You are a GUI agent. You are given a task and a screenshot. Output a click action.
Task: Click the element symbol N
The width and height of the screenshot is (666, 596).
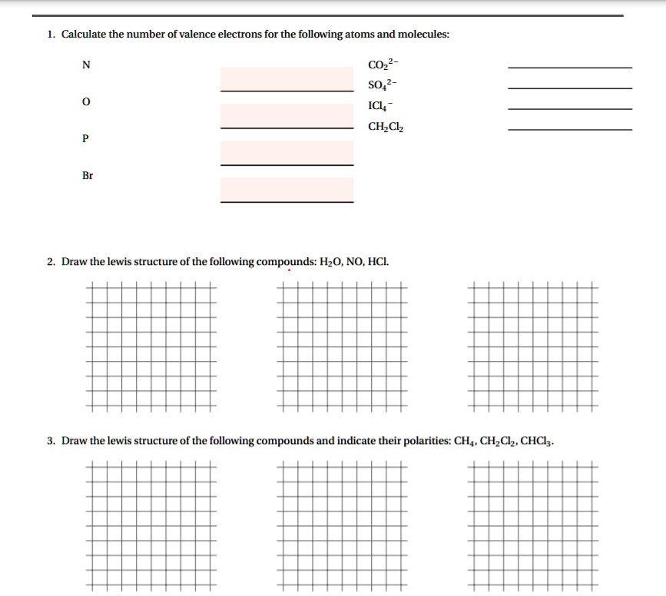pyautogui.click(x=86, y=65)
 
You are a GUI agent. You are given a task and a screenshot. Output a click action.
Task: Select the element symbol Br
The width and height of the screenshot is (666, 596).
pyautogui.click(x=88, y=176)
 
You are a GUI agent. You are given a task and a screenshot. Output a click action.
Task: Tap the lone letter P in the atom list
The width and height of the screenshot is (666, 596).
pyautogui.click(x=86, y=139)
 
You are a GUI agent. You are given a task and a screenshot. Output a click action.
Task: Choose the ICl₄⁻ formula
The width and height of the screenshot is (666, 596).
pyautogui.click(x=381, y=106)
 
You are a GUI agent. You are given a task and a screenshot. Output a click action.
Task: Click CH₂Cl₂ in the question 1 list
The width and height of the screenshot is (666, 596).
pyautogui.click(x=386, y=127)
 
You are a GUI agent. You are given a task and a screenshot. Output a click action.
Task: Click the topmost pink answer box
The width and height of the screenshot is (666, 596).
pyautogui.click(x=287, y=79)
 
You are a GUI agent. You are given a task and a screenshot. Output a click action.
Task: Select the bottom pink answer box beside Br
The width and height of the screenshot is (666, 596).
pyautogui.click(x=287, y=189)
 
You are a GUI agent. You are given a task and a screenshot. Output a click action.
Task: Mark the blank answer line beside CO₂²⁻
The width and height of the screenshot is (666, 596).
pyautogui.click(x=570, y=68)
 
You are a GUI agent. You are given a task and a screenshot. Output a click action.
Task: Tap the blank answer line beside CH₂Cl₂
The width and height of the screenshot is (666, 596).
pyautogui.click(x=570, y=129)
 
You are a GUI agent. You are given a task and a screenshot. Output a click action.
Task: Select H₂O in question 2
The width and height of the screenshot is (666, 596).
pyautogui.click(x=330, y=262)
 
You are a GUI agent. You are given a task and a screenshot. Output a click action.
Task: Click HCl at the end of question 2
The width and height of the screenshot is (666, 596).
pyautogui.click(x=379, y=262)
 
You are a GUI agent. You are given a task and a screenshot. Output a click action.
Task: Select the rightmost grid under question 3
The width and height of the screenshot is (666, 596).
pyautogui.click(x=532, y=527)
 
